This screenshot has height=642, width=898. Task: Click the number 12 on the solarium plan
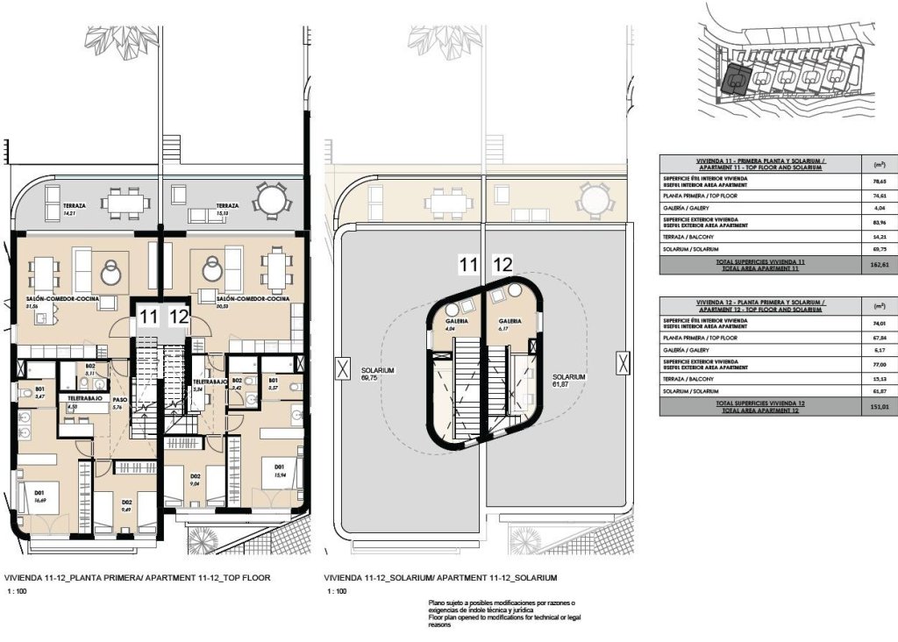click(x=502, y=263)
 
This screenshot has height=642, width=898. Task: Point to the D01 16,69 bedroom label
click(x=40, y=496)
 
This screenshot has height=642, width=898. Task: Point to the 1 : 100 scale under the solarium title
click(x=336, y=592)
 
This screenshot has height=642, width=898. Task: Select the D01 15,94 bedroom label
click(x=280, y=472)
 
